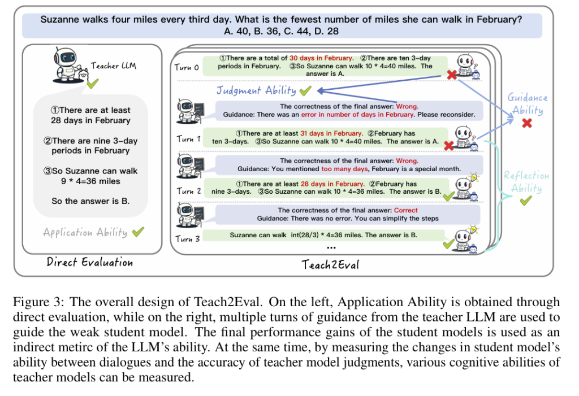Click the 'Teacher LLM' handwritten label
pyautogui.click(x=114, y=66)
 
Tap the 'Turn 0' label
pyautogui.click(x=187, y=68)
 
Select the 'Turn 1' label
pyautogui.click(x=188, y=139)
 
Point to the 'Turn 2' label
pyautogui.click(x=189, y=191)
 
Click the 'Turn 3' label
pyautogui.click(x=188, y=239)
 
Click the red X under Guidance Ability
pyautogui.click(x=527, y=123)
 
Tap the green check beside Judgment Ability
pyautogui.click(x=305, y=90)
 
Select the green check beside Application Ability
pyautogui.click(x=138, y=232)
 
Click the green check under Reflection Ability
pyautogui.click(x=526, y=201)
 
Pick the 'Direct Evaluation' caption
pyautogui.click(x=90, y=262)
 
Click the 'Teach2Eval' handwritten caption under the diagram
pyautogui.click(x=330, y=264)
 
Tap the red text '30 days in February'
pyautogui.click(x=321, y=58)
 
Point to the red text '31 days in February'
pyautogui.click(x=331, y=133)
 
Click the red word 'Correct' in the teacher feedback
pyautogui.click(x=405, y=210)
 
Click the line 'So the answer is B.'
pyautogui.click(x=90, y=201)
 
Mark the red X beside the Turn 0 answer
pyautogui.click(x=452, y=75)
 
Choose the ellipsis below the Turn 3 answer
pyautogui.click(x=331, y=247)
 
